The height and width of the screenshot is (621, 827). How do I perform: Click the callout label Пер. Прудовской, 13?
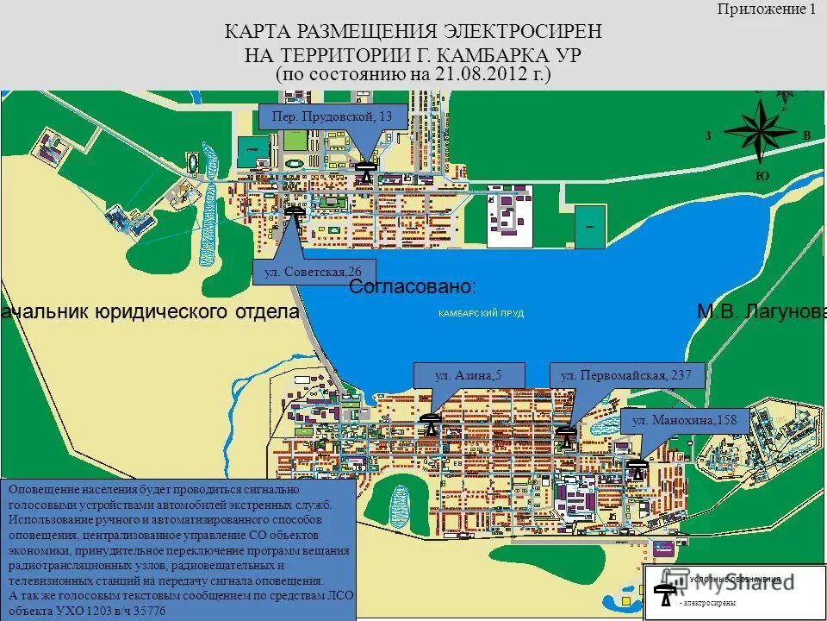click(332, 116)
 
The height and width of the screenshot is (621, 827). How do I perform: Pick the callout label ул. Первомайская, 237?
click(626, 375)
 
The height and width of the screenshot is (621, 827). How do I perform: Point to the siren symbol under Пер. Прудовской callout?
click(367, 172)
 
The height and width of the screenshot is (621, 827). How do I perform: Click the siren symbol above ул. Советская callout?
click(294, 214)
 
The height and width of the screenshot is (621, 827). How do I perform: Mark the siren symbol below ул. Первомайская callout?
click(565, 435)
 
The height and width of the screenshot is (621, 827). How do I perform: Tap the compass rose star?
click(760, 131)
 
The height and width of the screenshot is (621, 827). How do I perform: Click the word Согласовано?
click(413, 286)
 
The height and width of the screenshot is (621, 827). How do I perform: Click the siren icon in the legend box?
click(663, 595)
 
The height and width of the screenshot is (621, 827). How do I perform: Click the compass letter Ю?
click(761, 175)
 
